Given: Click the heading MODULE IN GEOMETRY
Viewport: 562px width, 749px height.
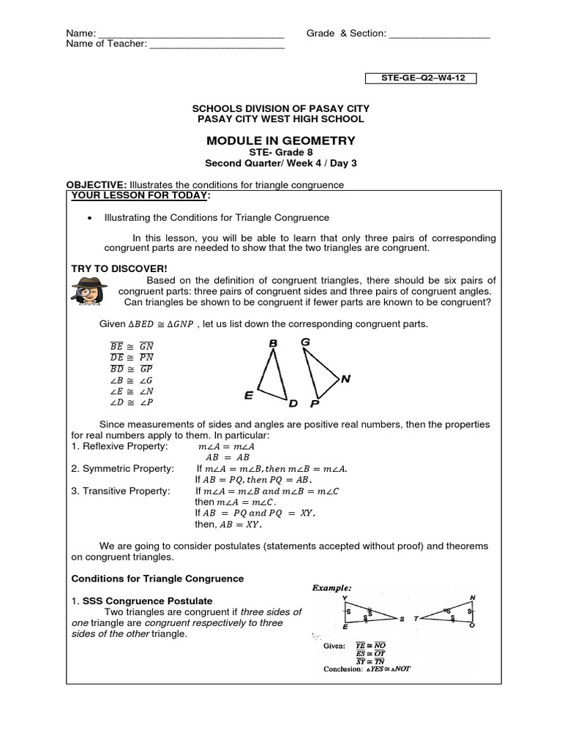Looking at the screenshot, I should (281, 140).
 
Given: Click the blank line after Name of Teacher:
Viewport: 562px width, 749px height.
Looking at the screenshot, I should (217, 45).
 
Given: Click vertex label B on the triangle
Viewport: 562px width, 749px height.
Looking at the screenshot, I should (272, 343).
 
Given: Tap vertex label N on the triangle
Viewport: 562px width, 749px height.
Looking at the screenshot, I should (345, 379).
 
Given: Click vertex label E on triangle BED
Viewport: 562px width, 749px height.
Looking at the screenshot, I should (249, 396).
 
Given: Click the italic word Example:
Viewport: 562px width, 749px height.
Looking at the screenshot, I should (332, 587).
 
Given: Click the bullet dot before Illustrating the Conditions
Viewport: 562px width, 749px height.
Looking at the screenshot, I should (89, 218).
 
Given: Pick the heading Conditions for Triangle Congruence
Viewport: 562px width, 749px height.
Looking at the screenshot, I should (157, 579).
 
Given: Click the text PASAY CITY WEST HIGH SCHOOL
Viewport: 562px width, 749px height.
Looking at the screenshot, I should (281, 118).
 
